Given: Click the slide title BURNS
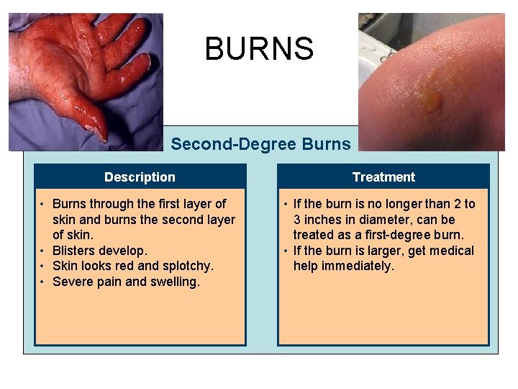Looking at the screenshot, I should [259, 49].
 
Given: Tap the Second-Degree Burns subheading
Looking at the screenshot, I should [260, 144].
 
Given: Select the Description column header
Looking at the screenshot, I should [140, 177].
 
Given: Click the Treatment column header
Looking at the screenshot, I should [383, 177].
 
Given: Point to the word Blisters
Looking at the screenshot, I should [74, 251].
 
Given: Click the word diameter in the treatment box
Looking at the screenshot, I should [384, 220].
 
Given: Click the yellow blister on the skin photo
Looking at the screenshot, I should [432, 100].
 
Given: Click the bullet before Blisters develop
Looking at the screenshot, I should [43, 251].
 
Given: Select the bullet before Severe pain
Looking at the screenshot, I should [43, 282].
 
